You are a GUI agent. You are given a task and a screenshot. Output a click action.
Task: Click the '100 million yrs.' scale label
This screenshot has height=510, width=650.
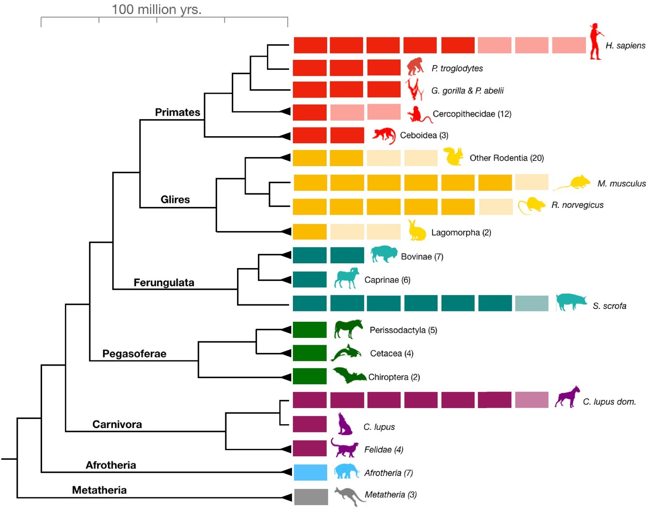pyautogui.click(x=156, y=9)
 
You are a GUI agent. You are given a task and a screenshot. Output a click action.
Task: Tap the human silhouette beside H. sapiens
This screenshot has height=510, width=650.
pyautogui.click(x=596, y=42)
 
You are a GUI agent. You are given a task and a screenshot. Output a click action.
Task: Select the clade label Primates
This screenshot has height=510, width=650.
pyautogui.click(x=178, y=112)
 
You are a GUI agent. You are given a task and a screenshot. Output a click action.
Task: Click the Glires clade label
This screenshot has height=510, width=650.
pyautogui.click(x=175, y=199)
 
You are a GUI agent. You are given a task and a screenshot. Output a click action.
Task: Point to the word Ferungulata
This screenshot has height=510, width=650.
pyautogui.click(x=164, y=283)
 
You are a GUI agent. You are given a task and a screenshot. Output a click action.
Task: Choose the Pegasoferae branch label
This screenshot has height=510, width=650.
pyautogui.click(x=134, y=354)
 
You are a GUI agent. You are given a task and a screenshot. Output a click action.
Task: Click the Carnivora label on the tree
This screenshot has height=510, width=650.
pyautogui.click(x=117, y=425)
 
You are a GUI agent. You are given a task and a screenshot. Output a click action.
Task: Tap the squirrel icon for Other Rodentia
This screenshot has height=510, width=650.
pyautogui.click(x=453, y=157)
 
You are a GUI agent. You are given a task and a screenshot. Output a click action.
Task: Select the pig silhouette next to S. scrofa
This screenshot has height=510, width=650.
pyautogui.click(x=571, y=302)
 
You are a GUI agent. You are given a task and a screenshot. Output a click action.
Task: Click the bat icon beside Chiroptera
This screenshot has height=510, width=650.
pyautogui.click(x=348, y=376)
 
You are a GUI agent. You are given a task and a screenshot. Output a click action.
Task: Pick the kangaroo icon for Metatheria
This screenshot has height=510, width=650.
pyautogui.click(x=349, y=496)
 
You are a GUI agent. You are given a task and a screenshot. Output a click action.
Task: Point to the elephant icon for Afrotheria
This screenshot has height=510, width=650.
pyautogui.click(x=347, y=471)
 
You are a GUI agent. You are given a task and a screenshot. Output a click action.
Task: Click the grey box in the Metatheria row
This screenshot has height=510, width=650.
pyautogui.click(x=311, y=497)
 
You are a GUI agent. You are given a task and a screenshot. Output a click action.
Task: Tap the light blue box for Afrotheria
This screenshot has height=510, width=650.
pyautogui.click(x=310, y=472)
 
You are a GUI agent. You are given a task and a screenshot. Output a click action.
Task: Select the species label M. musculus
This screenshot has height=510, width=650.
pyautogui.click(x=621, y=183)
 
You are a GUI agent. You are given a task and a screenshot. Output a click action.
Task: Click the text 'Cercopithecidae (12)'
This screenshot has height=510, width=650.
pyautogui.click(x=472, y=114)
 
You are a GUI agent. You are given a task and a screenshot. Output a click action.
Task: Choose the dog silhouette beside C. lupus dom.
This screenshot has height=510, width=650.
pyautogui.click(x=567, y=397)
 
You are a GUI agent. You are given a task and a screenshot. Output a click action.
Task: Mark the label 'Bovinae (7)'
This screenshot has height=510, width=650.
pyautogui.click(x=422, y=257)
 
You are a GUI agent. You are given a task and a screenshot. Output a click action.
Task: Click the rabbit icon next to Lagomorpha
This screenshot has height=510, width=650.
pyautogui.click(x=417, y=231)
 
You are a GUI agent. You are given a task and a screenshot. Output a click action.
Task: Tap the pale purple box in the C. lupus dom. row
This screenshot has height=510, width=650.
pyautogui.click(x=532, y=400)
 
